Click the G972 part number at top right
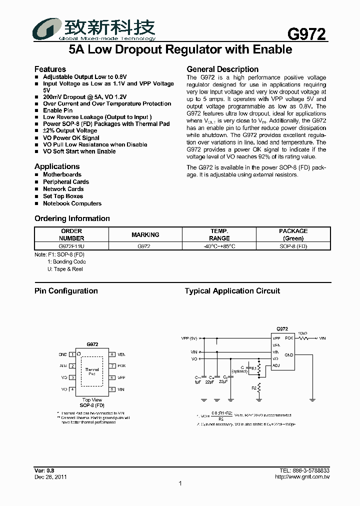click(306, 33)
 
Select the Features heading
click(50, 69)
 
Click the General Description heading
click(222, 69)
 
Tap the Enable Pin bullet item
click(57, 110)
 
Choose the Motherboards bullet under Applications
click(62, 174)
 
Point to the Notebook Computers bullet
click(72, 203)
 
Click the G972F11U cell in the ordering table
click(71, 246)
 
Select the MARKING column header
click(145, 234)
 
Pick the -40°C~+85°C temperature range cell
click(219, 246)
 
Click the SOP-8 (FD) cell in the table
click(293, 246)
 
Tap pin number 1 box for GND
click(72, 354)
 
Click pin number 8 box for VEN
click(112, 354)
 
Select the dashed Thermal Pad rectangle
click(92, 371)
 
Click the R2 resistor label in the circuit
click(253, 387)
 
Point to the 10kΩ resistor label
click(302, 332)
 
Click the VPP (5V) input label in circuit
click(189, 338)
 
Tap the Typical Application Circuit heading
click(232, 291)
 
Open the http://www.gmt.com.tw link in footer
click(302, 476)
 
